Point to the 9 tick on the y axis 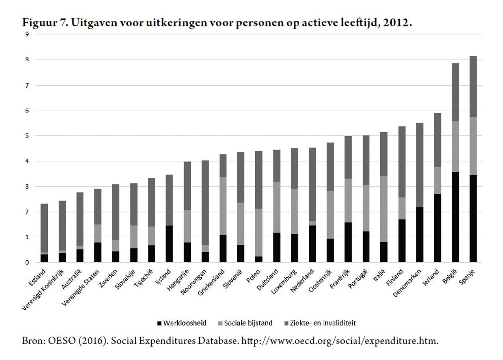tap(27, 34)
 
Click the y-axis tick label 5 tap(27, 136)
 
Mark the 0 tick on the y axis tap(27, 263)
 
